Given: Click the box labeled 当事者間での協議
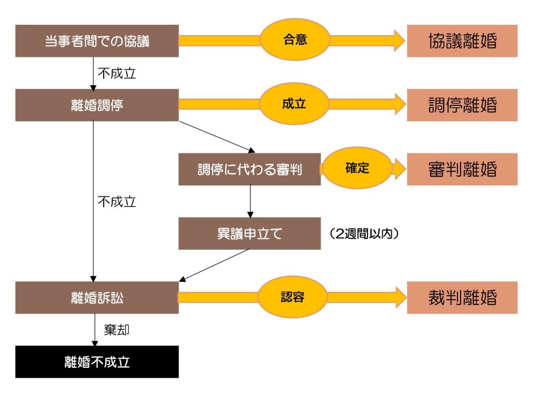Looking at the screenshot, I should tap(97, 41).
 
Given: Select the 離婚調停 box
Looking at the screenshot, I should tap(97, 105).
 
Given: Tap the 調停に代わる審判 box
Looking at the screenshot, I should tap(249, 169).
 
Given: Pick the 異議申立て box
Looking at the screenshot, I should tap(249, 233).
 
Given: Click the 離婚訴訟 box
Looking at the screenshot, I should tap(97, 298).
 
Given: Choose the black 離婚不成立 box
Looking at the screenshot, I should tap(97, 362).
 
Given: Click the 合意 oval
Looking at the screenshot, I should tap(295, 40).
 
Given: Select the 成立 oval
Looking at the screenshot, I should tap(295, 104).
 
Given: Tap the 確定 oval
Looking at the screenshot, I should tap(357, 168).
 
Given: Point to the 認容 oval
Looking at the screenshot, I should tap(293, 297).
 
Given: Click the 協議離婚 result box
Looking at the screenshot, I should tap(462, 41).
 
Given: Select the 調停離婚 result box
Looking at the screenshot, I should tap(462, 105).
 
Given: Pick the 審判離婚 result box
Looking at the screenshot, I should tap(462, 169).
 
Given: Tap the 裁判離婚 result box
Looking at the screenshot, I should tap(462, 298).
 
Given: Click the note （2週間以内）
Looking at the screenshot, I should tap(363, 233).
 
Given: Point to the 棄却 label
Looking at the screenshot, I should tap(117, 330).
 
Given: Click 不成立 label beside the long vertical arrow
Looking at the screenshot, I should tap(117, 201).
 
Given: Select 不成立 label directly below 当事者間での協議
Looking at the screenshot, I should tap(117, 73).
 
